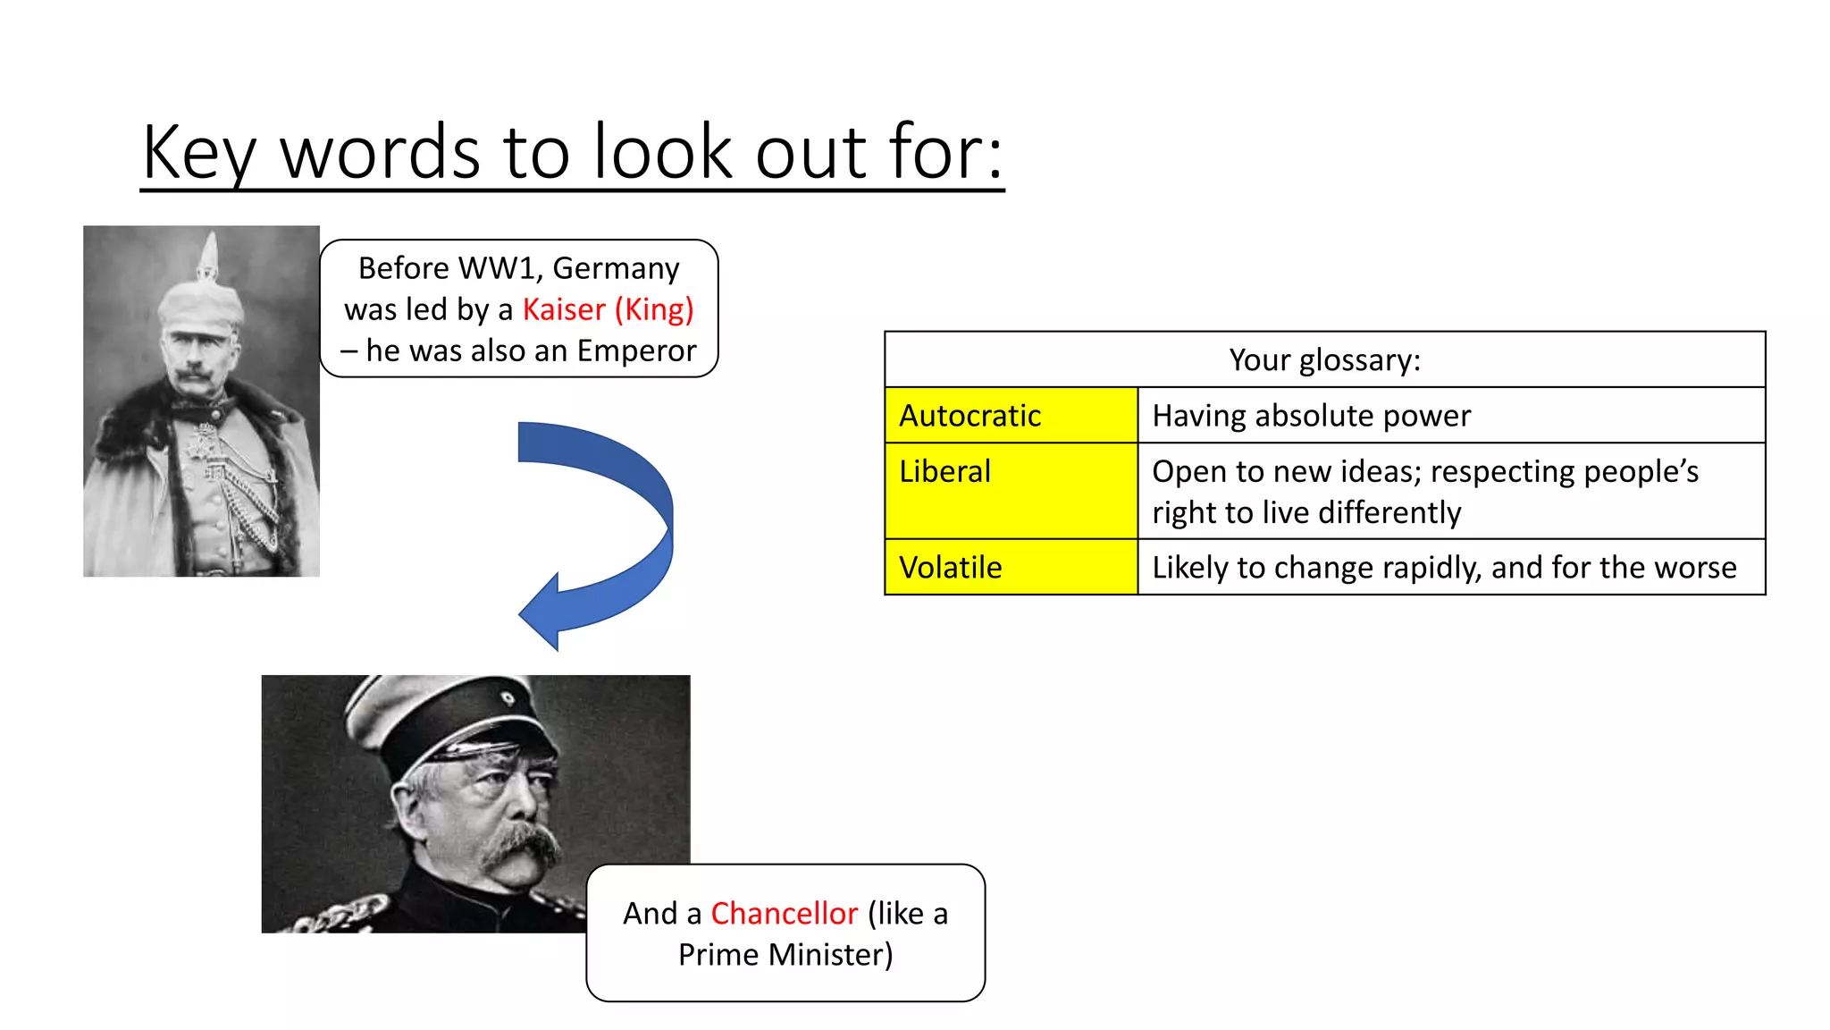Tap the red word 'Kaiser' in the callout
click(564, 309)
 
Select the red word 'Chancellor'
click(784, 913)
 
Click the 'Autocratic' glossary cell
click(1010, 416)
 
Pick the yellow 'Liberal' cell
click(1010, 490)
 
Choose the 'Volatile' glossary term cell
click(1010, 567)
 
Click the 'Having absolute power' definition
click(1311, 416)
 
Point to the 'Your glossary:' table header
click(1324, 359)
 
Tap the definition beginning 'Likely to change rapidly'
click(1443, 567)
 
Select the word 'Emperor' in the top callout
click(636, 350)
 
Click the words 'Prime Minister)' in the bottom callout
click(785, 954)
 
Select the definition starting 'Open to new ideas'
click(1424, 491)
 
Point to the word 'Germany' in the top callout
click(616, 268)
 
